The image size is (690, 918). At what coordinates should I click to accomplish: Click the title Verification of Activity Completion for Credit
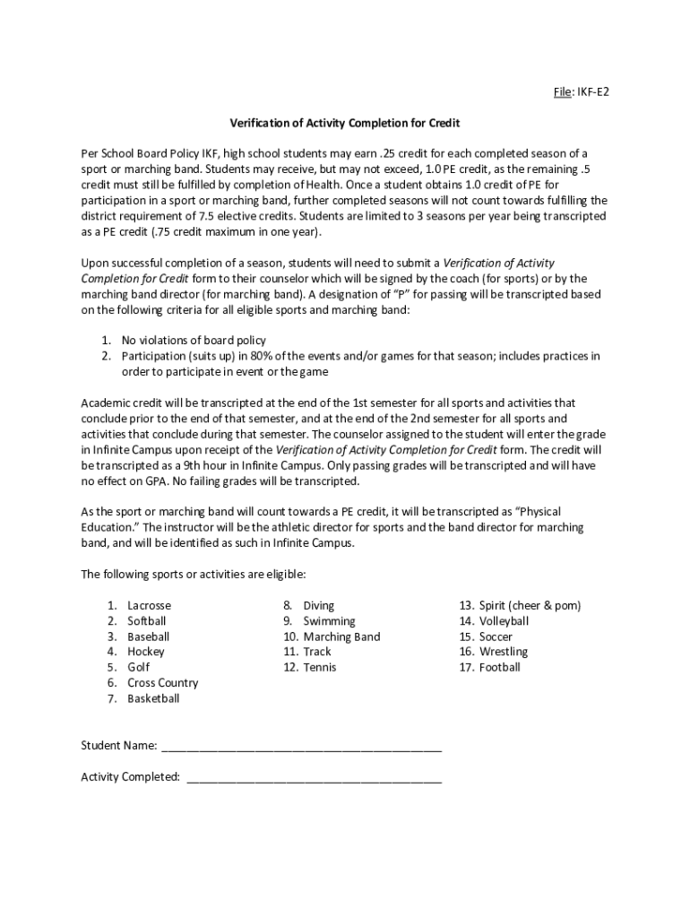345,122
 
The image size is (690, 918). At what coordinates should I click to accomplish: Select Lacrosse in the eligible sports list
149,606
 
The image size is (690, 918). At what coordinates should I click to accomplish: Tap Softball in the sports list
147,621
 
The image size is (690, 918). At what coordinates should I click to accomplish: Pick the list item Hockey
145,652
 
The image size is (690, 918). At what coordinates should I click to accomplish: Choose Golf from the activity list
138,667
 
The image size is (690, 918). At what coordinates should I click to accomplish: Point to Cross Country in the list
162,683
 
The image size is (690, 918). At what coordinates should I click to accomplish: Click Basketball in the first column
153,698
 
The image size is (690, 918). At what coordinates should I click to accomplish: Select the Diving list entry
318,606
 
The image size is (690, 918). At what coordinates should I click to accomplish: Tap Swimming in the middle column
329,621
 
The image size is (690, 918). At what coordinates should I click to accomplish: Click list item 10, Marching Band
341,637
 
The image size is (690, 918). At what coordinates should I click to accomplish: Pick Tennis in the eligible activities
319,667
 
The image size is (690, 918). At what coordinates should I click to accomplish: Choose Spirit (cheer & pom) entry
530,606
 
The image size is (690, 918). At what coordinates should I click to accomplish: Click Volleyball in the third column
504,621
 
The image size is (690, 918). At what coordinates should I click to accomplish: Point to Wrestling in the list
503,652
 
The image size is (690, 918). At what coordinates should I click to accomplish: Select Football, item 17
499,667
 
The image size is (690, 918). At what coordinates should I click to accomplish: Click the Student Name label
119,746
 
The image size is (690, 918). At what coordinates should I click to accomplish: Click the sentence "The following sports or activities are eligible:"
194,575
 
